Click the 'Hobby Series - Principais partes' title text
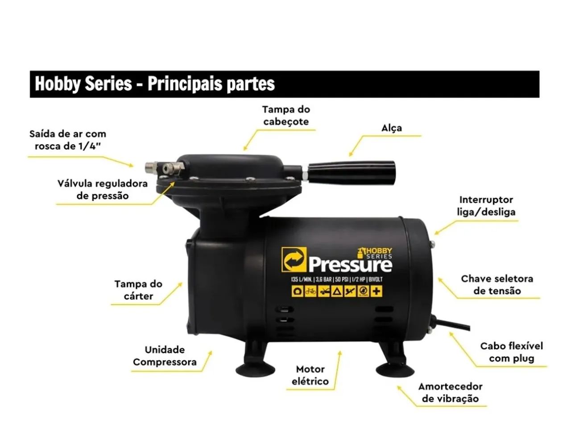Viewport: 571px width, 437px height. (x=154, y=84)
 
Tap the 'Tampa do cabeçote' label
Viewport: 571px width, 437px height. (x=286, y=115)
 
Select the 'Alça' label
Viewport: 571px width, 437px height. (x=392, y=128)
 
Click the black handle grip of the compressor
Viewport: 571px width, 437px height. (x=352, y=173)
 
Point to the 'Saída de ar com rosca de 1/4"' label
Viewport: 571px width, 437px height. (x=68, y=140)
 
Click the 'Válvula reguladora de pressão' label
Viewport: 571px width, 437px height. (x=103, y=189)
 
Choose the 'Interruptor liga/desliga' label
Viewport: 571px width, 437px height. (x=486, y=206)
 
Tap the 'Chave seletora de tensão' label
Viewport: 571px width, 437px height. (x=497, y=285)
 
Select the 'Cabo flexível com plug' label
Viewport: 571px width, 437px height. (x=511, y=352)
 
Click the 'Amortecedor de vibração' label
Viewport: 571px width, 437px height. (x=450, y=392)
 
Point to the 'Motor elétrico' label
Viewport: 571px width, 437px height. (x=310, y=375)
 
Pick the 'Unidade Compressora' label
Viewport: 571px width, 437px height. (x=165, y=356)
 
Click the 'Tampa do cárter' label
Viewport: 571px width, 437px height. (x=138, y=290)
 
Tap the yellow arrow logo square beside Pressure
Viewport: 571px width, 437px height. (x=294, y=259)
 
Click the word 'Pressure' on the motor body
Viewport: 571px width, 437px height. (x=350, y=265)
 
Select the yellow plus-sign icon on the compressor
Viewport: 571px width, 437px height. (x=376, y=291)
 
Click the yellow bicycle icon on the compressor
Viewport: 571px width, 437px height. (x=310, y=291)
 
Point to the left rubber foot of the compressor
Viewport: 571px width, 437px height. (x=256, y=368)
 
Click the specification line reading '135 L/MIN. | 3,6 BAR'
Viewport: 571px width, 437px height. (x=311, y=279)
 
